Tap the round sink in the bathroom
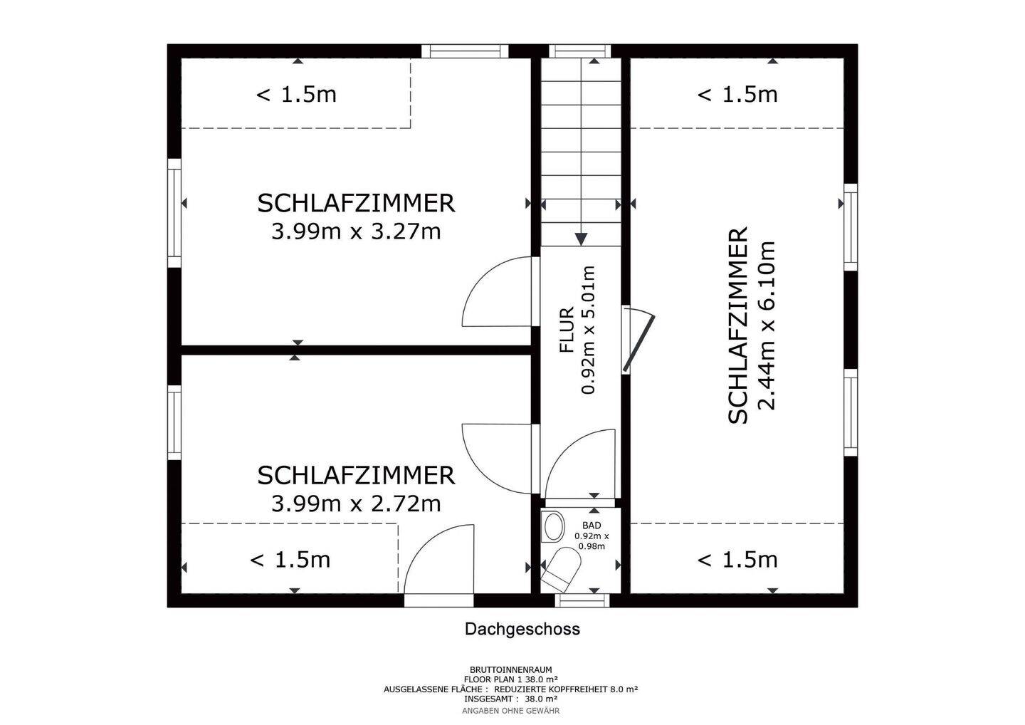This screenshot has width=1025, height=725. coord(552,528)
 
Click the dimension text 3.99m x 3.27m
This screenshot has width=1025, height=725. coord(356,231)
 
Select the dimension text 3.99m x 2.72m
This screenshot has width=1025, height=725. coord(356,504)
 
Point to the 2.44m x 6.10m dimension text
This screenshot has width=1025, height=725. coord(766,326)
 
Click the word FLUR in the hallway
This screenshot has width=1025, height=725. coord(567,330)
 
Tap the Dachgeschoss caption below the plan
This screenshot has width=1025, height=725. coord(522,630)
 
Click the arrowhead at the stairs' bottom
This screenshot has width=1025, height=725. coord(582,238)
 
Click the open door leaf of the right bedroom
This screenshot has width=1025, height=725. coord(638,342)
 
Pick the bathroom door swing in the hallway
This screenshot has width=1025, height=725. coord(580,463)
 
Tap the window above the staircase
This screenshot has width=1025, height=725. coord(582,51)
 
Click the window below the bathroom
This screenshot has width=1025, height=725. coord(582,600)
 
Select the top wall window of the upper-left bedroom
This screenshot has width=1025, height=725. coord(464,51)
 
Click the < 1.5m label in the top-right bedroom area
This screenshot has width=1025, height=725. coord(737,94)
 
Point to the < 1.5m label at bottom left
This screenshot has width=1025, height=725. coord(290,560)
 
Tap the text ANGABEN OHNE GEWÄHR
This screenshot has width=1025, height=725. coord(510,711)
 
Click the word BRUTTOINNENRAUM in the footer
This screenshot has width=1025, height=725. coord(510,670)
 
